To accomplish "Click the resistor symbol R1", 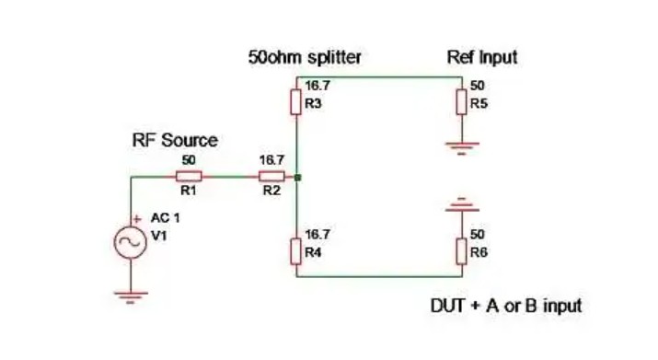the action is point(189,177).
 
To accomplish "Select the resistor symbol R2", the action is point(271,177).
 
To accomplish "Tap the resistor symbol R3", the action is point(295,102).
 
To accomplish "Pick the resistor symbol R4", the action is point(295,251).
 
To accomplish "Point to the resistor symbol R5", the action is point(462,102).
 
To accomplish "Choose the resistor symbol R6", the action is point(462,251).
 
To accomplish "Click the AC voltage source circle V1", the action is point(131,242).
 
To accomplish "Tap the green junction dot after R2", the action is point(297,178).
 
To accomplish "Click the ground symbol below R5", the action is point(462,148).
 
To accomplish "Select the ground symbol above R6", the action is point(462,204).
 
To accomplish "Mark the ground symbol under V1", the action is point(131,297).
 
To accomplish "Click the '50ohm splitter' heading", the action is point(305,57).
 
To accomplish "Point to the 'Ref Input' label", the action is point(481,57).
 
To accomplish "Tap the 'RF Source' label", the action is point(175,140).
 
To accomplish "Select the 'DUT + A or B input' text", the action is point(506,306).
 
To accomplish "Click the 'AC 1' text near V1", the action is point(166,218).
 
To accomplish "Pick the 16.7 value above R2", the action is point(271,160).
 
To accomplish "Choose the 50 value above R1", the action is point(189,160).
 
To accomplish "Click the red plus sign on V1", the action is point(137,219).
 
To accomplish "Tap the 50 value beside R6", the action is point(478,235).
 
